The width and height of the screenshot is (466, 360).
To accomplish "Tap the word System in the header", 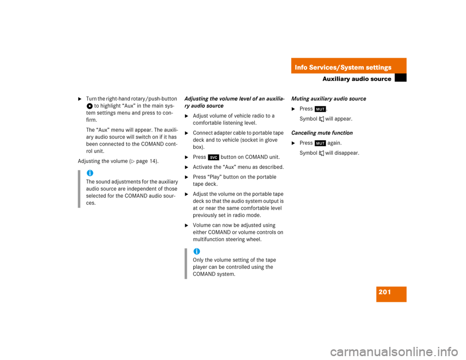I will (x=351, y=67).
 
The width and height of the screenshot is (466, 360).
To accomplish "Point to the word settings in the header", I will (x=378, y=67).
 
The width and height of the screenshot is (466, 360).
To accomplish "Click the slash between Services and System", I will (x=338, y=67).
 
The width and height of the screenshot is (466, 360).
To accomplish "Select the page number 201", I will (x=384, y=292).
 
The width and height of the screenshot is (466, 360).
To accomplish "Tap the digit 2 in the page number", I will (x=381, y=292).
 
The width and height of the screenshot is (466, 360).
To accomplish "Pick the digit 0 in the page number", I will (x=384, y=292).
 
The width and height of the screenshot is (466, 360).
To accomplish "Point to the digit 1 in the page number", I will (x=388, y=292).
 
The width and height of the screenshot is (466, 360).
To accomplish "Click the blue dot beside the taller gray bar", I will (x=90, y=173).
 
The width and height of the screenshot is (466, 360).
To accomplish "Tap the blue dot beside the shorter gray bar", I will (x=197, y=251).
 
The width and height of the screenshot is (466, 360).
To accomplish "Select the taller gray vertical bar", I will (x=79, y=189).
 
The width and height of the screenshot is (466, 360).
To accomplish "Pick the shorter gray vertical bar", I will (x=185, y=263).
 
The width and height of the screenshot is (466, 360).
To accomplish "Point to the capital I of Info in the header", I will (x=296, y=67).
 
